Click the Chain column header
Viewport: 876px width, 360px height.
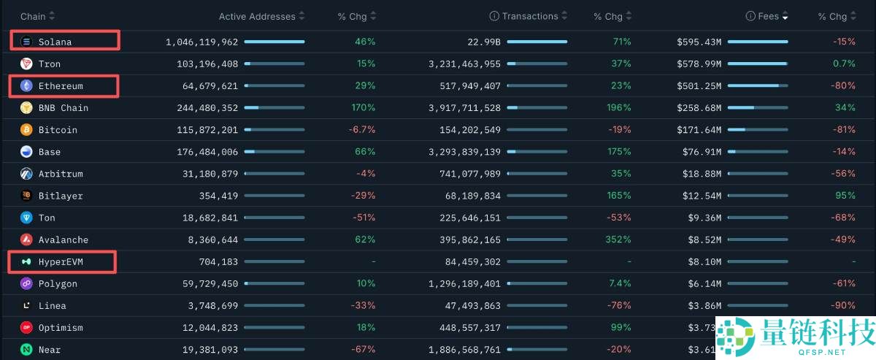click(33, 17)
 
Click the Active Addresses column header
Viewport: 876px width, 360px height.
click(257, 17)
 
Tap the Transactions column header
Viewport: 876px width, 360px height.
click(530, 16)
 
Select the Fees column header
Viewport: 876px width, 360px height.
click(768, 16)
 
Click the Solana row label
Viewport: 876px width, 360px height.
click(55, 42)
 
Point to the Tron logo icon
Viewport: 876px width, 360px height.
click(26, 64)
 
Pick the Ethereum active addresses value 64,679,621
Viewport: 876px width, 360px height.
click(210, 85)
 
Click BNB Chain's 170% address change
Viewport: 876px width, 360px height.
click(364, 107)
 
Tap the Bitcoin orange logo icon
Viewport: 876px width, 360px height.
click(26, 129)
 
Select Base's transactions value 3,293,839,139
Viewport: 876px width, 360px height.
click(464, 151)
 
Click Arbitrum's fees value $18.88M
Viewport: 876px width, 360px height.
click(702, 173)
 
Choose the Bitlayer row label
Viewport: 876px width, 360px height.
click(61, 196)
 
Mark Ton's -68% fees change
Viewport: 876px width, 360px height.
click(843, 217)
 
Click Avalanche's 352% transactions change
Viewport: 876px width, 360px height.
click(618, 239)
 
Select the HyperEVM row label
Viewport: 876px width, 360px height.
click(61, 261)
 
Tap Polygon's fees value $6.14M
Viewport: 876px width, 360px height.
click(704, 283)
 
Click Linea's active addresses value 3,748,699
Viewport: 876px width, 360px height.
click(212, 305)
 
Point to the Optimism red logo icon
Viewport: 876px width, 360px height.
click(26, 327)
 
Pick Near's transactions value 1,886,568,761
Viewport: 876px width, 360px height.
click(464, 349)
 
